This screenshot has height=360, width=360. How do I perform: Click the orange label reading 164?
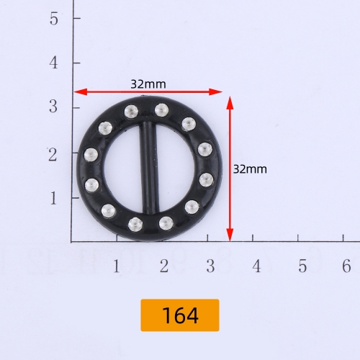(x=180, y=315)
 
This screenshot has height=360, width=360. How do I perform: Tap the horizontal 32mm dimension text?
(x=148, y=84)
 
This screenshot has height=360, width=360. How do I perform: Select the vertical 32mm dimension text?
(x=250, y=169)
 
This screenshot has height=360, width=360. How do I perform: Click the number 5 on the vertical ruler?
(x=54, y=19)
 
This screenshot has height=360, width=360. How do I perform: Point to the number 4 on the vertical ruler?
(x=53, y=63)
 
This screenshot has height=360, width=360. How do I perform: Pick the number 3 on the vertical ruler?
(x=53, y=107)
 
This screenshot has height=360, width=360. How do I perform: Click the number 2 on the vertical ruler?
(x=53, y=155)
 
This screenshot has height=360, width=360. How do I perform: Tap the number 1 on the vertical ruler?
(x=53, y=198)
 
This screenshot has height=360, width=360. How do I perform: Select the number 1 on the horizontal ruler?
(x=117, y=266)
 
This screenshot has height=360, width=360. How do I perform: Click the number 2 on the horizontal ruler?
(x=164, y=266)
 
